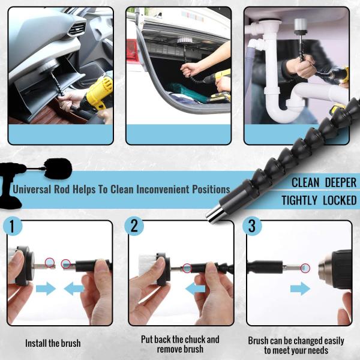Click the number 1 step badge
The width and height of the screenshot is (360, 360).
point(13,226)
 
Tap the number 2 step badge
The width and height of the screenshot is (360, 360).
point(134,226)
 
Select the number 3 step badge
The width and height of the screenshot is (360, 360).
point(252,226)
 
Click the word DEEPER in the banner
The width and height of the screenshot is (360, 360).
point(341,182)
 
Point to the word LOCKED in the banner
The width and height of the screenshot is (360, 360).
point(340,200)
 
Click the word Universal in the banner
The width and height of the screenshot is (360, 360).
point(32,190)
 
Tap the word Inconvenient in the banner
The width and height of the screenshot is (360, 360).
point(163,190)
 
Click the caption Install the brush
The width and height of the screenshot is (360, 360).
point(53,343)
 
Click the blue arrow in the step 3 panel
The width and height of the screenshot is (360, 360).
point(301,289)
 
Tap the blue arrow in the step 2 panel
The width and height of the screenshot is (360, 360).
point(195,289)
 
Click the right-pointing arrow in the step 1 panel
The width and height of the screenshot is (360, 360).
point(46,289)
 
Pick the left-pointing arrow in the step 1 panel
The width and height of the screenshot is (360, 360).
point(74,289)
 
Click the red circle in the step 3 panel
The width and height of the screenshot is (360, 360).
point(305,268)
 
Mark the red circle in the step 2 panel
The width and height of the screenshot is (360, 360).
point(187,268)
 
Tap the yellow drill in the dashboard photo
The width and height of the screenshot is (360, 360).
point(98,94)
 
